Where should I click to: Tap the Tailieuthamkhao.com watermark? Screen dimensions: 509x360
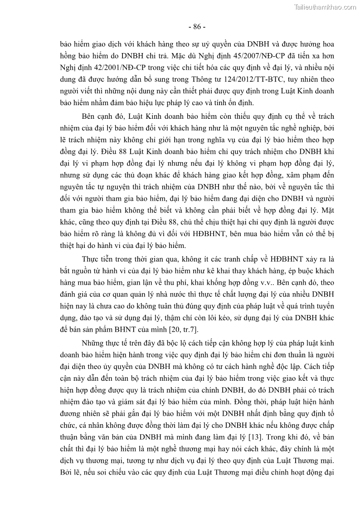click(325, 7)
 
